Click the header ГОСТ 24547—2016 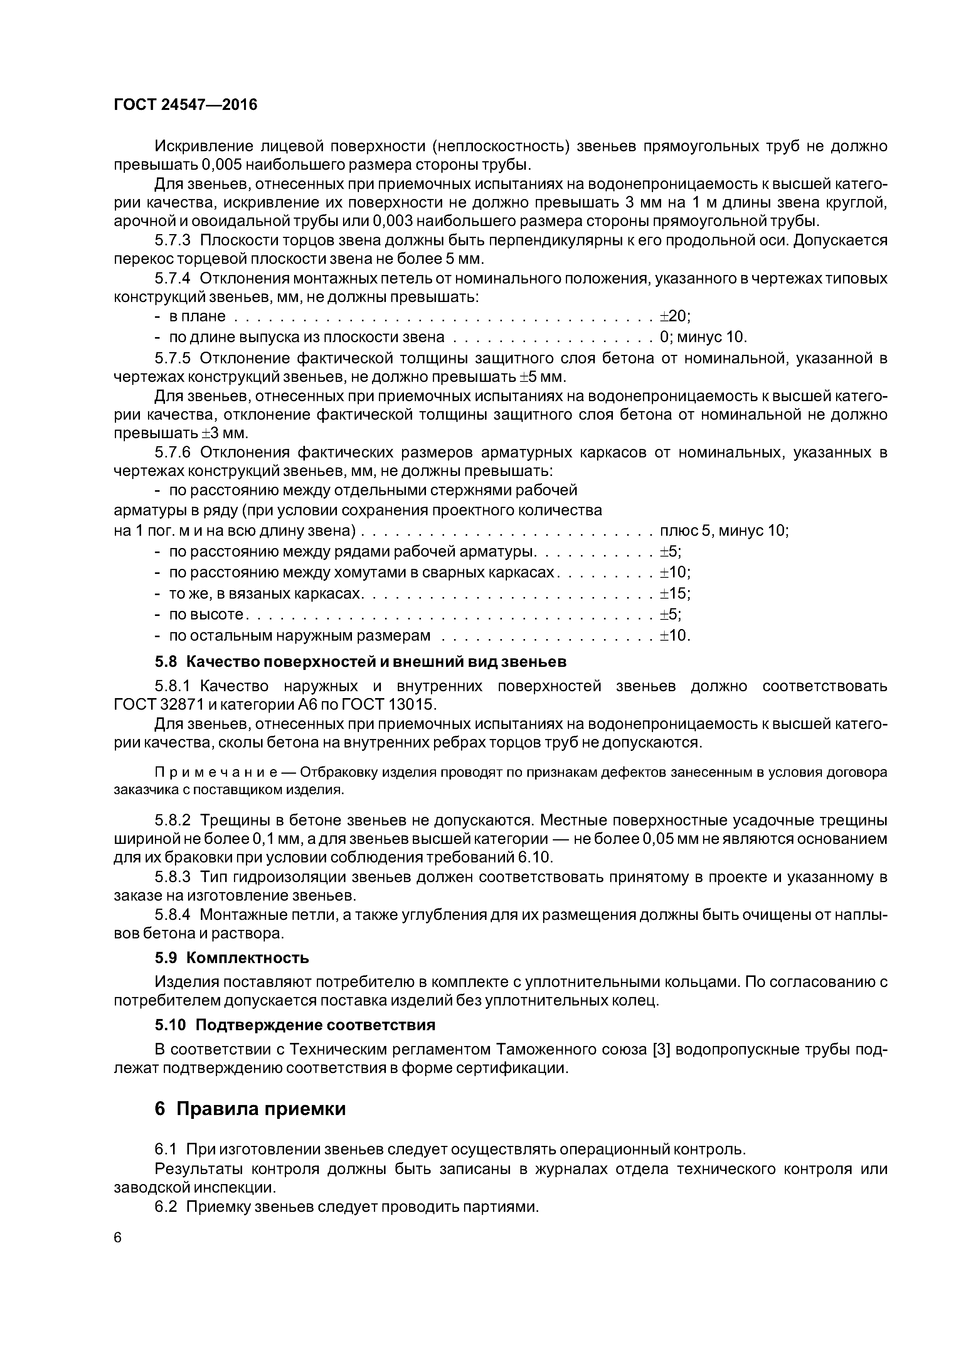coord(185,105)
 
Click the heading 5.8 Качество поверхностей coord(360,662)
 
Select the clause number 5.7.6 coord(173,452)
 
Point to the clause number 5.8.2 coord(173,820)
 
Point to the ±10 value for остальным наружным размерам coord(674,636)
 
